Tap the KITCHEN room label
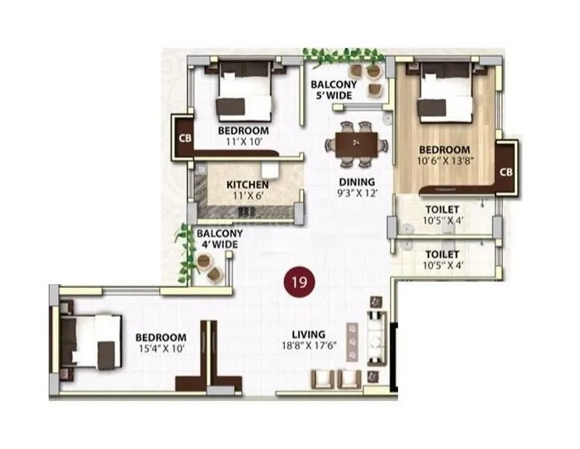tap(247, 185)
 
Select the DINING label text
tap(357, 182)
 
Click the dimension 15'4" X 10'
tap(161, 350)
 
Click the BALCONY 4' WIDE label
tap(219, 239)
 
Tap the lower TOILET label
tap(442, 254)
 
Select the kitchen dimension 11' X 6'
tap(247, 197)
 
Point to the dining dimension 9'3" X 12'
tap(357, 194)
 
